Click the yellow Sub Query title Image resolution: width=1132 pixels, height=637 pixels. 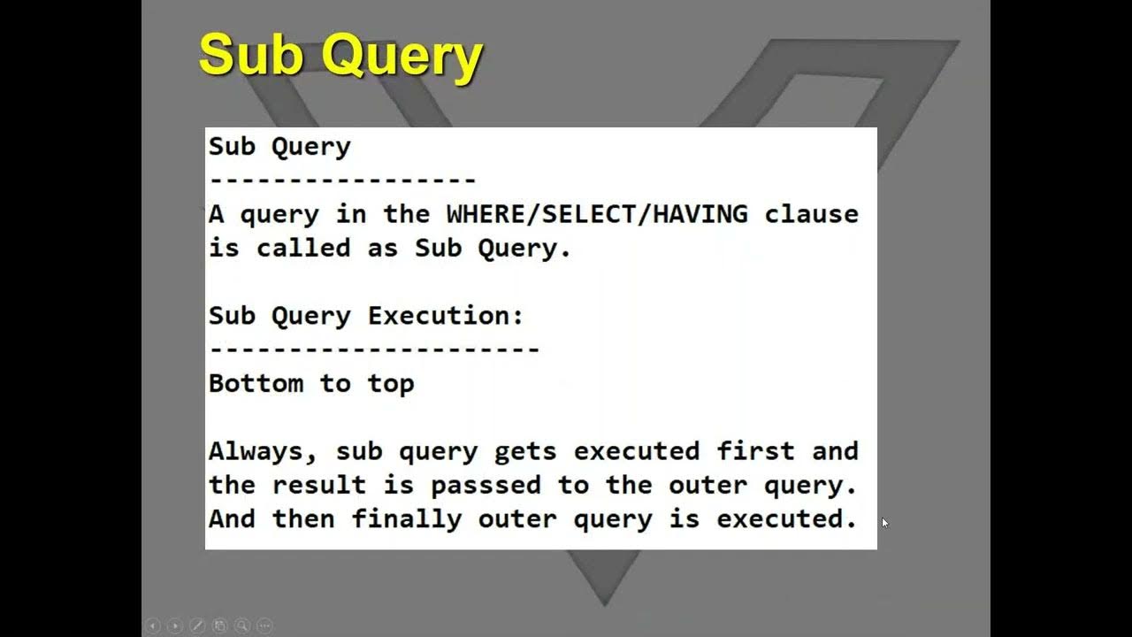point(340,57)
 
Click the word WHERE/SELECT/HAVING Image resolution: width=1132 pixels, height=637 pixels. point(597,214)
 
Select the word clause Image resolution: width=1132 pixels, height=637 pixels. point(812,214)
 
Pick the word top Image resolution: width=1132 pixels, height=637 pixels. point(391,383)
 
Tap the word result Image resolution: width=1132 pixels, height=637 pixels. point(319,485)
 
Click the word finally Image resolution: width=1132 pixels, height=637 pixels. point(407,518)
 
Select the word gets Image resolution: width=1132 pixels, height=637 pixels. point(525,451)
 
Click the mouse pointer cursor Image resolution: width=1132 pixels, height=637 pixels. point(885,523)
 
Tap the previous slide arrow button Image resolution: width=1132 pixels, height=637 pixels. point(152,625)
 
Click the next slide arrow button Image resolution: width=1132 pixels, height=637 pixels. point(175,625)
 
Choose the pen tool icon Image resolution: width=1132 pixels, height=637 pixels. point(197,625)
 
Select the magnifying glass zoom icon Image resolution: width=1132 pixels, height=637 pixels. point(241,625)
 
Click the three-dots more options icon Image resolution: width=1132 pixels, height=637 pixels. point(264,625)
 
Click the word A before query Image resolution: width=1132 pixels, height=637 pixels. point(216,214)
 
